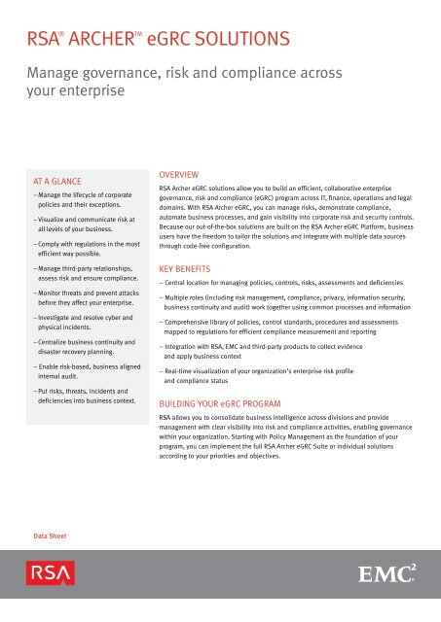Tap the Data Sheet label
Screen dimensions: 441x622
49,534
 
